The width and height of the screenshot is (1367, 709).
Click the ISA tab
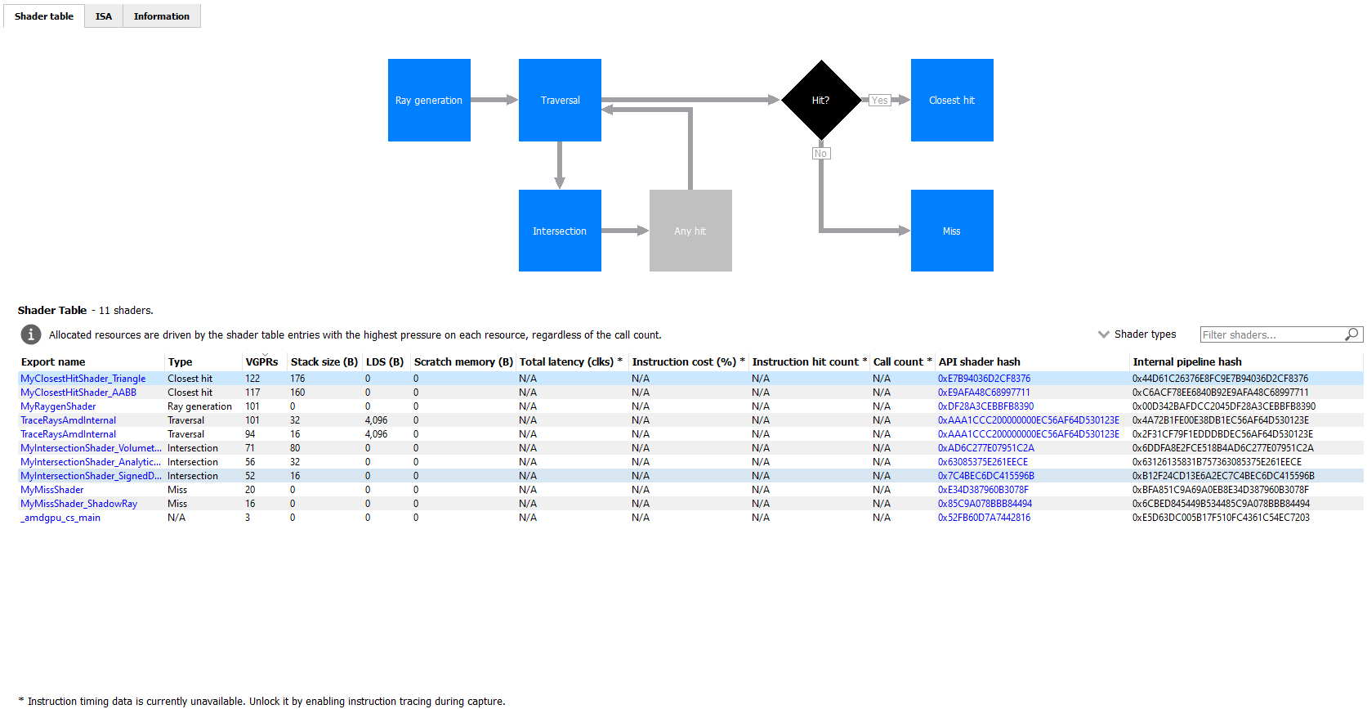(x=104, y=16)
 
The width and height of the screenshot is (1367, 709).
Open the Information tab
(x=161, y=16)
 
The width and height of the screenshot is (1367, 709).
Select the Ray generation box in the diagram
(x=429, y=100)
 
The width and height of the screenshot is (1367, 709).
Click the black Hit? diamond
(x=821, y=100)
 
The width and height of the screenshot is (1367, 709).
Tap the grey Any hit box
(x=690, y=231)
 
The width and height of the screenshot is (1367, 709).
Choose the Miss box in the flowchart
(x=952, y=231)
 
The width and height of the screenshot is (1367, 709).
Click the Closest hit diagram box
(x=952, y=100)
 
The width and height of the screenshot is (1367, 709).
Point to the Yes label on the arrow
(x=879, y=101)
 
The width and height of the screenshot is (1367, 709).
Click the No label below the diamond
(x=821, y=154)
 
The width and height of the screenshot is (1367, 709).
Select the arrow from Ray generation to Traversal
(x=494, y=100)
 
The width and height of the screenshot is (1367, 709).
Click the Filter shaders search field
(x=1271, y=334)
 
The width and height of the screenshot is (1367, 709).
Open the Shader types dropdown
(x=1137, y=334)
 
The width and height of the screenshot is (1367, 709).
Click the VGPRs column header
(x=261, y=361)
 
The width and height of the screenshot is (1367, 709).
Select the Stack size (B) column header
(x=324, y=361)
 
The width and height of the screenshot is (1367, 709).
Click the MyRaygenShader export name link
(x=58, y=406)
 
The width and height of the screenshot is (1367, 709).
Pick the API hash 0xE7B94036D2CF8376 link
(x=984, y=379)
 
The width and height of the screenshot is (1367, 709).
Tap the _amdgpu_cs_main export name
(x=60, y=518)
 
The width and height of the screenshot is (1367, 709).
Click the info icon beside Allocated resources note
(x=31, y=334)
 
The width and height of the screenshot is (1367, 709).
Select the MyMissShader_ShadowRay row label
(x=78, y=504)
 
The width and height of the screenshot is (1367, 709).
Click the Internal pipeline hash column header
(x=1187, y=361)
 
